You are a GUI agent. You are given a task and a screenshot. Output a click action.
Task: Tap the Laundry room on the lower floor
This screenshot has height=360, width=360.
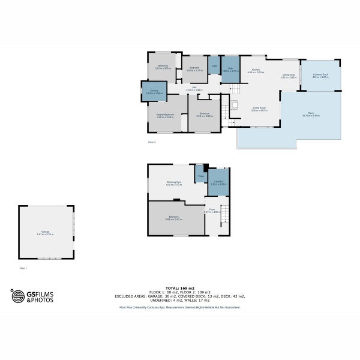point(218,182)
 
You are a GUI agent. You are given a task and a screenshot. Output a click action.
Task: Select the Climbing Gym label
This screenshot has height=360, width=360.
point(173,183)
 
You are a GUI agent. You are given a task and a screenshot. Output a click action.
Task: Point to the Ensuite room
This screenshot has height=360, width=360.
point(154,92)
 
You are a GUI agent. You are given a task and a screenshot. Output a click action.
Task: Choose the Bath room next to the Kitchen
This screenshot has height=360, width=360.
point(230,70)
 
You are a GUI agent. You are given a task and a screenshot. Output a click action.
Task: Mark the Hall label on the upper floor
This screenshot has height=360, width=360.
point(194,88)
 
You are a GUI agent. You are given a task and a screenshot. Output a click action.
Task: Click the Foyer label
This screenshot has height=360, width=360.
point(212,211)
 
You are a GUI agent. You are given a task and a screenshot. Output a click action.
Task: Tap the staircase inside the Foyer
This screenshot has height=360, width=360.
point(224,216)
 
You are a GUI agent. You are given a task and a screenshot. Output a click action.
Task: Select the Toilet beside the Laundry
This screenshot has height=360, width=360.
point(200,175)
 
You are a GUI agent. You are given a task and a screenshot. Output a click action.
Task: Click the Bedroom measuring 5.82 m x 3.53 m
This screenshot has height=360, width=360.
point(173,218)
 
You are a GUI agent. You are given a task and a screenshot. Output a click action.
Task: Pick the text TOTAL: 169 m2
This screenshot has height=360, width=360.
point(180,289)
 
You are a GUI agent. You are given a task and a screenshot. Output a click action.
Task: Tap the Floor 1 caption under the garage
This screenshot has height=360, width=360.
point(23,268)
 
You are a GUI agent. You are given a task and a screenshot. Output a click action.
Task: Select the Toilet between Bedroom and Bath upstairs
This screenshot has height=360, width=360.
point(214,66)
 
